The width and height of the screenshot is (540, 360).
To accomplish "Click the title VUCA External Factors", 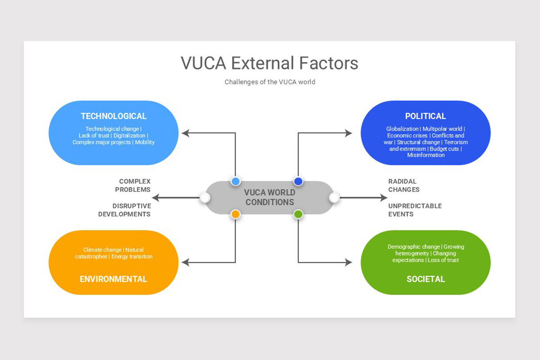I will (x=270, y=63).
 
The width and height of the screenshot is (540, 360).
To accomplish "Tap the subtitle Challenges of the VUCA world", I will (x=270, y=82).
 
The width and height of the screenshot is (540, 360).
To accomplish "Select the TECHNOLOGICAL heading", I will (x=113, y=116).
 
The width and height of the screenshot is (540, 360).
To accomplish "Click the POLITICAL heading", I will (x=425, y=116).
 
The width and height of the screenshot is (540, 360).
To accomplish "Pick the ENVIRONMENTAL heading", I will (x=113, y=279).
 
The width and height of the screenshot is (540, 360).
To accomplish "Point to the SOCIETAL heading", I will (x=425, y=279).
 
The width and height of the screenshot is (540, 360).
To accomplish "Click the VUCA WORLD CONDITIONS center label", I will (x=270, y=198).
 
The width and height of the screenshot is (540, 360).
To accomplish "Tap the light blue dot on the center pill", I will (x=235, y=181).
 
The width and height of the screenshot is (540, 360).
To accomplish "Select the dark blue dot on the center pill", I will (x=298, y=181).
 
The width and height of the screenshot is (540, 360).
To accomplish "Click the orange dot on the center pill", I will (x=235, y=214).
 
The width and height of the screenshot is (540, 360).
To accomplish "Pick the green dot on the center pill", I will (x=298, y=214).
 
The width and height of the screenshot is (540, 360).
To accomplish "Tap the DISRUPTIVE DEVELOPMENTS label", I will (x=125, y=210).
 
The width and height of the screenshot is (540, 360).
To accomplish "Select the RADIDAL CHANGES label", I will (x=404, y=185).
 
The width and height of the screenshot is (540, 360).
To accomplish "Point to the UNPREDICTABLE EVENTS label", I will (x=414, y=210).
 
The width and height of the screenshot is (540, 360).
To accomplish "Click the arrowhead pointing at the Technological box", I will (x=185, y=133).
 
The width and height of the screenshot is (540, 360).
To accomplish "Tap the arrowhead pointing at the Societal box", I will (x=348, y=262).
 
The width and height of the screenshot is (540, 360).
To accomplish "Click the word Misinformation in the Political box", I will (x=425, y=155).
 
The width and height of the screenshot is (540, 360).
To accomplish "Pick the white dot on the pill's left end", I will (x=205, y=198).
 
